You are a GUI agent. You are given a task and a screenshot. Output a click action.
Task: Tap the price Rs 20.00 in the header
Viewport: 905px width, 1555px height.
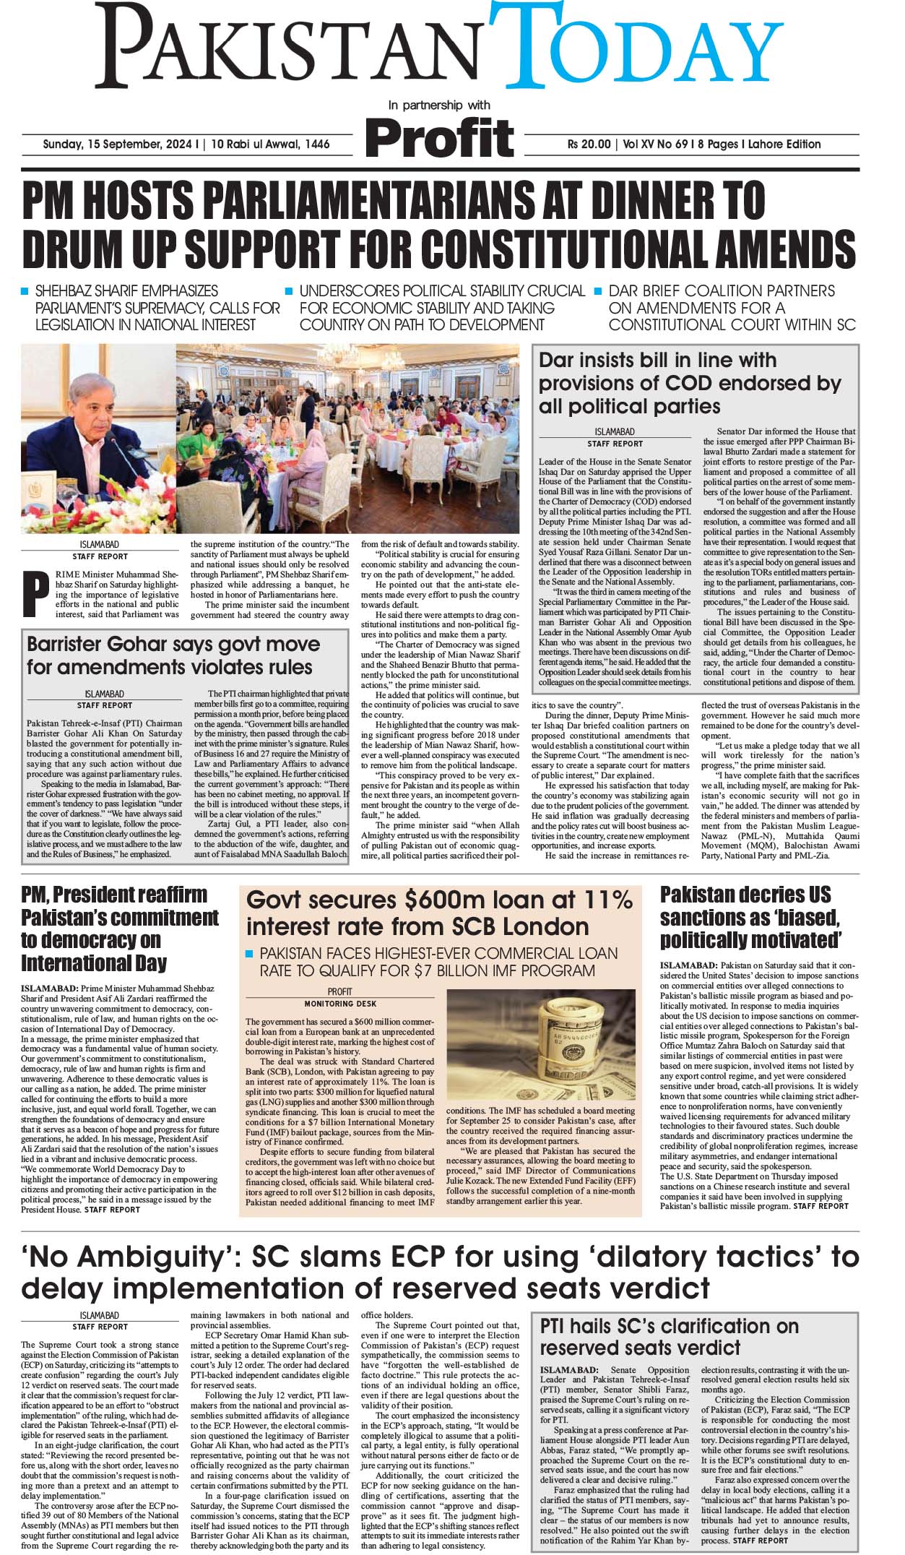coord(589,145)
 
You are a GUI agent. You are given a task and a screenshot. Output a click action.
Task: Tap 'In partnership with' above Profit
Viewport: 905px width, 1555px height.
coord(438,105)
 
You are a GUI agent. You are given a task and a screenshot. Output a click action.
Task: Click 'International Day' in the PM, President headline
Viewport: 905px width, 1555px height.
coord(94,963)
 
